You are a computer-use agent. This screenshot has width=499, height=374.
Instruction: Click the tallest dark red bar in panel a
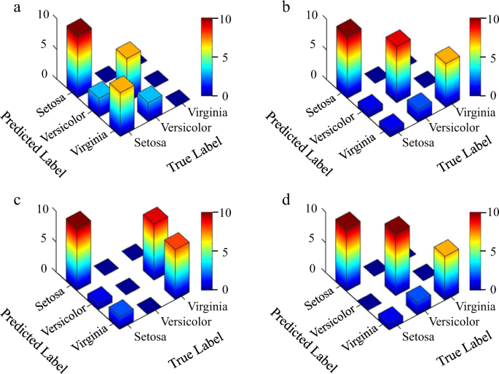(79, 58)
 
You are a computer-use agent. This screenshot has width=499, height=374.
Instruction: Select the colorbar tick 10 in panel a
(227, 19)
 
